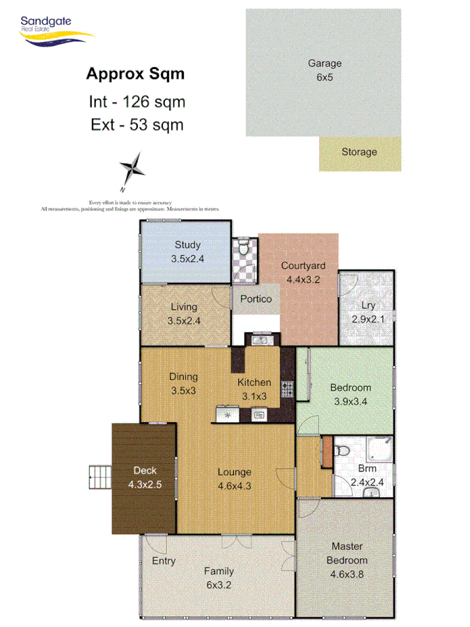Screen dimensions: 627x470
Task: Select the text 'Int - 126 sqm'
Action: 137,102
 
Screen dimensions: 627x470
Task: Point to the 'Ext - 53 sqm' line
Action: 137,125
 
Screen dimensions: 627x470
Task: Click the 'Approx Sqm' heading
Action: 135,73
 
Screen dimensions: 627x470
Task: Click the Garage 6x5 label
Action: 324,70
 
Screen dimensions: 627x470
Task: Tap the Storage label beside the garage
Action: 359,152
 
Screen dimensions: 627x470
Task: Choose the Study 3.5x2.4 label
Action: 187,251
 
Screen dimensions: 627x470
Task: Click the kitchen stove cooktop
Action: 285,387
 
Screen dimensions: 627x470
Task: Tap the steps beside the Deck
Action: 100,479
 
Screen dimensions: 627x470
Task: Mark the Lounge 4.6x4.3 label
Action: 233,479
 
